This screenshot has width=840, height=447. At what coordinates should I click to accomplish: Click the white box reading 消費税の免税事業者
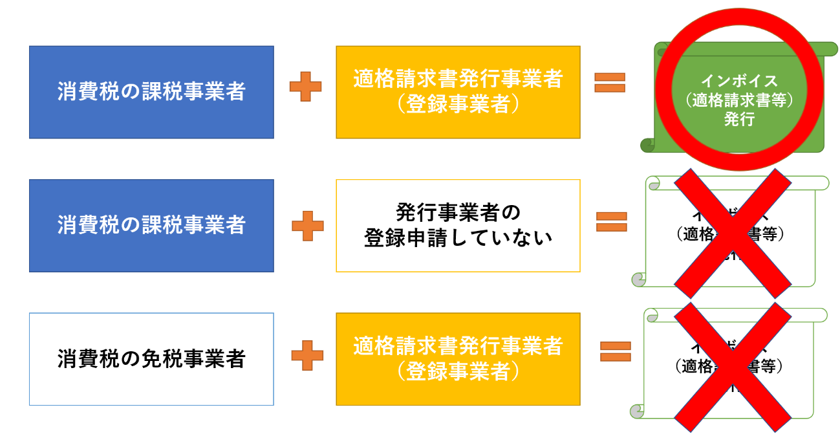[x=151, y=359]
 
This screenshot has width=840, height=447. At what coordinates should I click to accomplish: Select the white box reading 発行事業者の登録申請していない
[x=458, y=226]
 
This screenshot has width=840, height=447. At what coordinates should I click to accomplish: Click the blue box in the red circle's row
[x=151, y=92]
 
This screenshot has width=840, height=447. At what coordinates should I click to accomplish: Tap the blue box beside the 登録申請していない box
[x=151, y=226]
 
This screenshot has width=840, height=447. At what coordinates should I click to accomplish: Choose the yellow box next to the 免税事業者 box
[x=458, y=359]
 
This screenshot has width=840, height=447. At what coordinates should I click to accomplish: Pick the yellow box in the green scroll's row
[x=458, y=92]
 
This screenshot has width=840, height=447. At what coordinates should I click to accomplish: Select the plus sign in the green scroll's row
[x=305, y=86]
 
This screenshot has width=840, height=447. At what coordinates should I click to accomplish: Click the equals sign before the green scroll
[x=610, y=82]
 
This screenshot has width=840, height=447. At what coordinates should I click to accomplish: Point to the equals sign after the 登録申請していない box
[x=611, y=222]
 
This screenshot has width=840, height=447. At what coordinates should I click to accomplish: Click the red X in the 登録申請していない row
[x=733, y=233]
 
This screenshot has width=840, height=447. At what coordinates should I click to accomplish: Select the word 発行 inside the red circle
[x=739, y=119]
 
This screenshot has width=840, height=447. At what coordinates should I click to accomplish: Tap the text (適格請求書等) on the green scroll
[x=739, y=100]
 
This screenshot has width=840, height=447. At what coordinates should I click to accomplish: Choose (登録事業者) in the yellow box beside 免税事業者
[x=458, y=371]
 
